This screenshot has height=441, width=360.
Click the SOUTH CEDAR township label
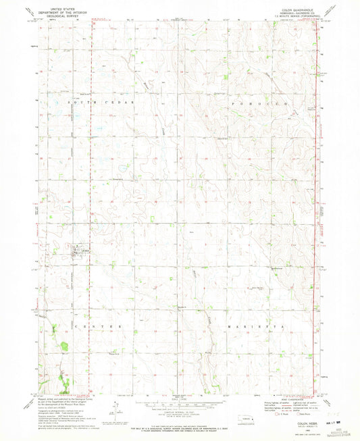(x=101, y=101)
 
